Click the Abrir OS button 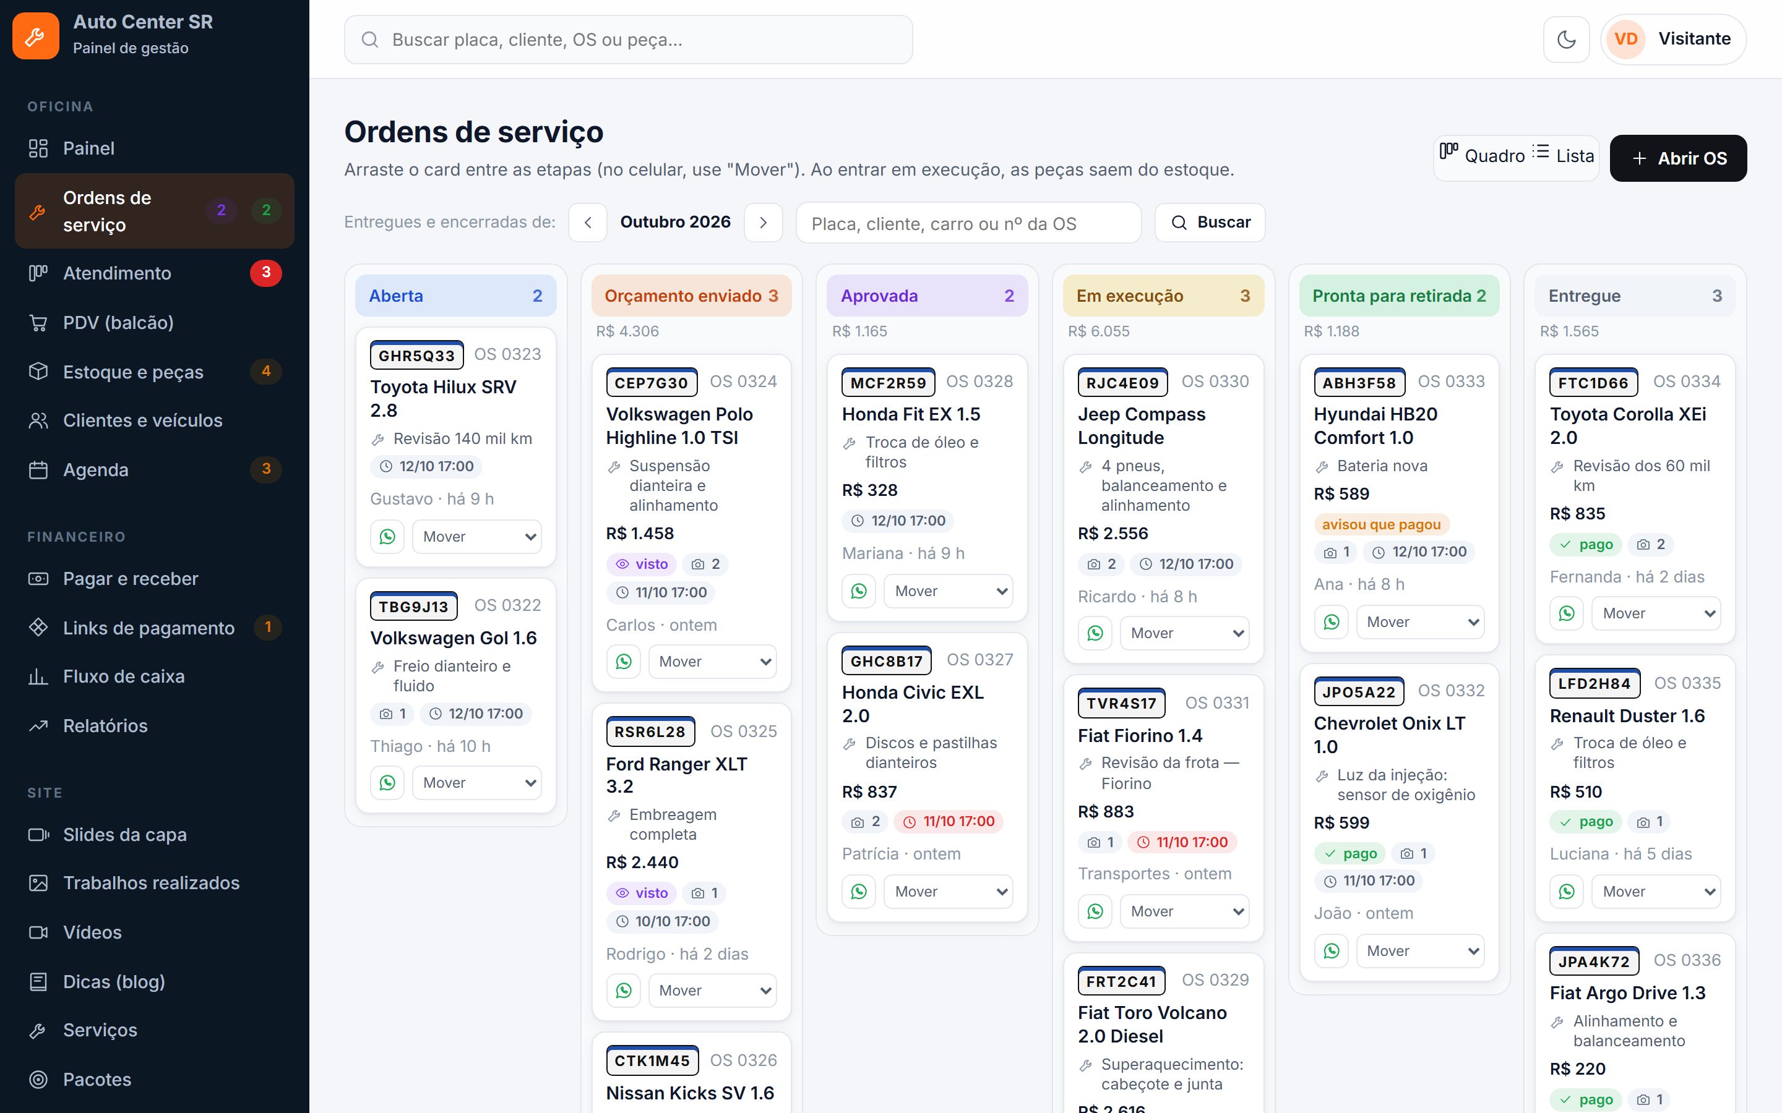(x=1677, y=158)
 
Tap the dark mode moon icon (x=1566, y=39)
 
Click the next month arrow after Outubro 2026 (x=763, y=223)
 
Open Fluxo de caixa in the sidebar (x=124, y=676)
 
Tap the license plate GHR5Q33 (x=417, y=356)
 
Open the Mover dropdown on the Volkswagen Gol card (x=477, y=782)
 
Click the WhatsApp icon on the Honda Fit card (x=859, y=591)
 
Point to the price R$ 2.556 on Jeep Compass (x=1113, y=534)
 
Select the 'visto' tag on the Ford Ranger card (x=642, y=893)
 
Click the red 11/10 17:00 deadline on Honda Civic (x=949, y=822)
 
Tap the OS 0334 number (x=1686, y=382)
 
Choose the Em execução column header (x=1163, y=296)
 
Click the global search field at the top (x=628, y=40)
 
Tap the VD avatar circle (x=1626, y=39)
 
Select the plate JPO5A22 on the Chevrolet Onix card (x=1359, y=692)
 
